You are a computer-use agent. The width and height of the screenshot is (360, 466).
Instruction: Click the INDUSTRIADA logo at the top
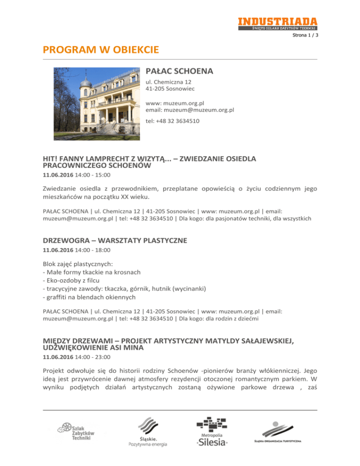(277, 23)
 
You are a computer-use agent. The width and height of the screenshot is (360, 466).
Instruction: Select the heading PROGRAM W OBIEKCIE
(101, 49)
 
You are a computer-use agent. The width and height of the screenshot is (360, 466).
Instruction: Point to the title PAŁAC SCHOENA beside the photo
(180, 72)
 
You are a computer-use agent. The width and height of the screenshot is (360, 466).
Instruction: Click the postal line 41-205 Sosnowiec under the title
(169, 89)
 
